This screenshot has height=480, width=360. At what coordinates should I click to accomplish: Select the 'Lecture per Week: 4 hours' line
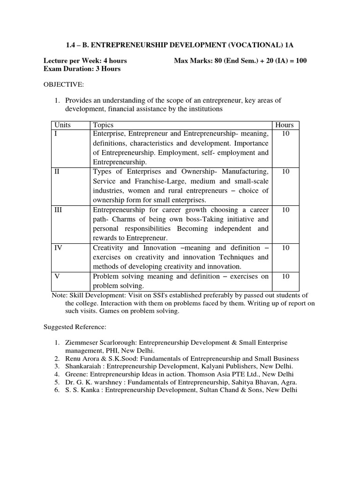(85, 60)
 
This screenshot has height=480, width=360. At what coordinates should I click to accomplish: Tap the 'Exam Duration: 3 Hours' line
(82, 69)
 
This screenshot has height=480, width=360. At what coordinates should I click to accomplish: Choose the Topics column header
(103, 125)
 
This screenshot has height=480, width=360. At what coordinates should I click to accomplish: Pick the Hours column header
(285, 125)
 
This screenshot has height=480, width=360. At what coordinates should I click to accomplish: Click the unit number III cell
(59, 210)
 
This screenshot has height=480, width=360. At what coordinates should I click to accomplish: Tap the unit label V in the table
(57, 276)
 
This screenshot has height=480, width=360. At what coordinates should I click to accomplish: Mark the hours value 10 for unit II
(285, 172)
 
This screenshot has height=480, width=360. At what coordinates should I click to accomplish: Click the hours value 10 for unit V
(285, 276)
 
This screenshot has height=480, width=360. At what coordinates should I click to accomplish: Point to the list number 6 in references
(56, 390)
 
